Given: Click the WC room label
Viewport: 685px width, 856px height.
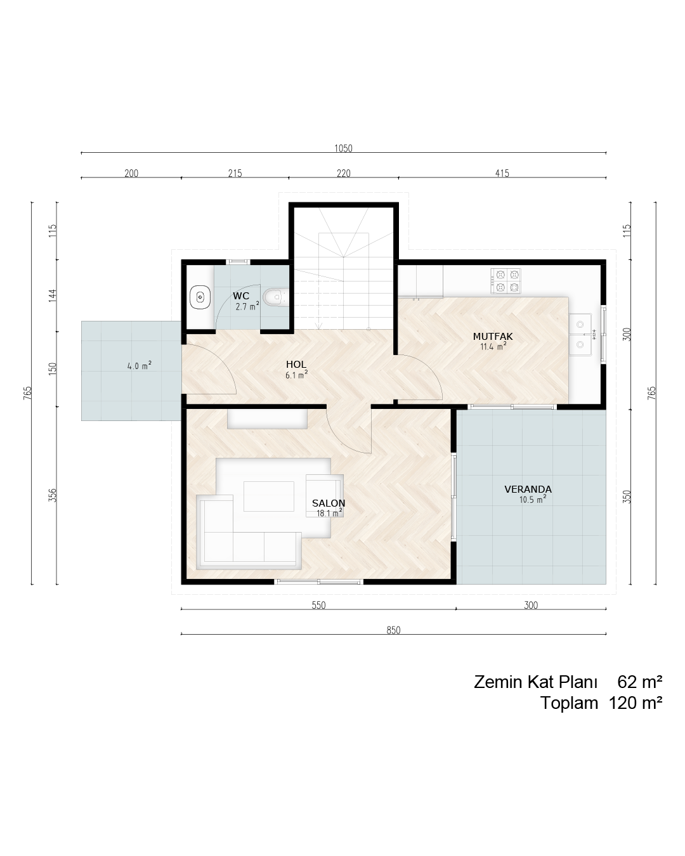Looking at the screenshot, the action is coord(241,296).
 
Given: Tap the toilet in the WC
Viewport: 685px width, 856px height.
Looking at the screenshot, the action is coord(275,297).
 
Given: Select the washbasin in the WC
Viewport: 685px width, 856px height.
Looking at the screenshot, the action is coord(200,297).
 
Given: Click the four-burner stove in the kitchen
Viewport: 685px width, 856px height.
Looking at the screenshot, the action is coord(506,281).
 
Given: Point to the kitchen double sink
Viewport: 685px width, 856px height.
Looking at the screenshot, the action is coord(580,334).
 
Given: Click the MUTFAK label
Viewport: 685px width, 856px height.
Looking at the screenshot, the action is coord(493,337).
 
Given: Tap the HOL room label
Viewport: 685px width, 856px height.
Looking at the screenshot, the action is coord(296,365).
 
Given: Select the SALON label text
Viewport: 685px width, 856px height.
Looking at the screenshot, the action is coord(329,503).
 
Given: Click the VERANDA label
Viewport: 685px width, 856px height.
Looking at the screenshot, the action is coord(528,490).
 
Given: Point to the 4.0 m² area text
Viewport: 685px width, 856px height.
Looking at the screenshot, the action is coord(140,365).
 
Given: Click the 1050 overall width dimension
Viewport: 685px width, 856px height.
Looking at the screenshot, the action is coord(343,148).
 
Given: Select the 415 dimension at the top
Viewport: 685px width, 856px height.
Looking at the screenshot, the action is coord(502,173).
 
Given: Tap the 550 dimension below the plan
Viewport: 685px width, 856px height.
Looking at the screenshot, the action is coord(318,605).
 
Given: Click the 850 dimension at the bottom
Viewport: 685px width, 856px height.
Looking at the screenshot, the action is coord(393,630).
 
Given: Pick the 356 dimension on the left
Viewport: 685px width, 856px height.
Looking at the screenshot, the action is coord(53,495).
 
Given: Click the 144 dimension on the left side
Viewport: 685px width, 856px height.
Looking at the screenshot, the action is coord(53,295).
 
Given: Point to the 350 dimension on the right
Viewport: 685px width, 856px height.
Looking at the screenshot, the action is coord(627,497).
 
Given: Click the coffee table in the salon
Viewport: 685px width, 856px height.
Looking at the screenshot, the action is coord(269,496).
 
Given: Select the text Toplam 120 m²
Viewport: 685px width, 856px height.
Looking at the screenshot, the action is coord(601,703).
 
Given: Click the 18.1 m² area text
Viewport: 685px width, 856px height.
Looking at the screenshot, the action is coord(329,513).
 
